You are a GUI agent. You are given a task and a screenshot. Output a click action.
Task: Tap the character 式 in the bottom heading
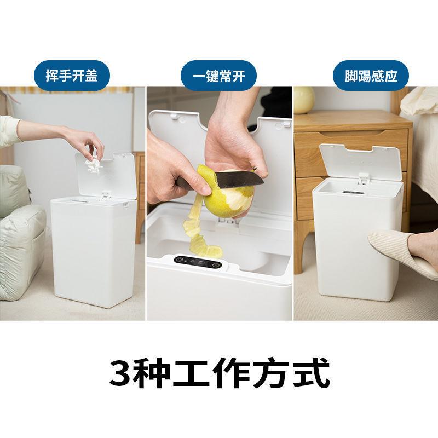(313, 373)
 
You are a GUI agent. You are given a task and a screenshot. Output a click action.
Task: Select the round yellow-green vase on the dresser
(304, 100)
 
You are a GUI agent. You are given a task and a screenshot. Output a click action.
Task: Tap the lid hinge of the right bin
(364, 177)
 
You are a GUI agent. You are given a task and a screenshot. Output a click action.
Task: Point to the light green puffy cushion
(19, 241)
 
